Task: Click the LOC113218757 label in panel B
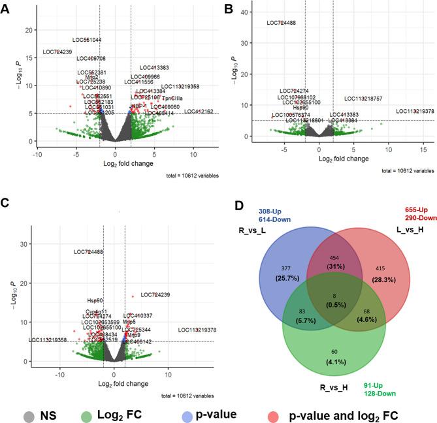(x=363, y=99)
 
